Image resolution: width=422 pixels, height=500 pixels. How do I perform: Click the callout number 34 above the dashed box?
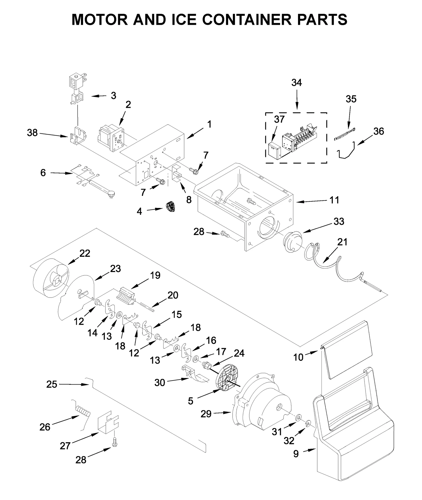click(x=296, y=83)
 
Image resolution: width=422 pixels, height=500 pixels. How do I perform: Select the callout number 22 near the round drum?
click(x=85, y=253)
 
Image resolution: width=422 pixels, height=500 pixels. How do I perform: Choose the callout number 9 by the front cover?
click(x=296, y=454)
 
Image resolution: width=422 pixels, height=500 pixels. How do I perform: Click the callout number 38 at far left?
click(x=32, y=133)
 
